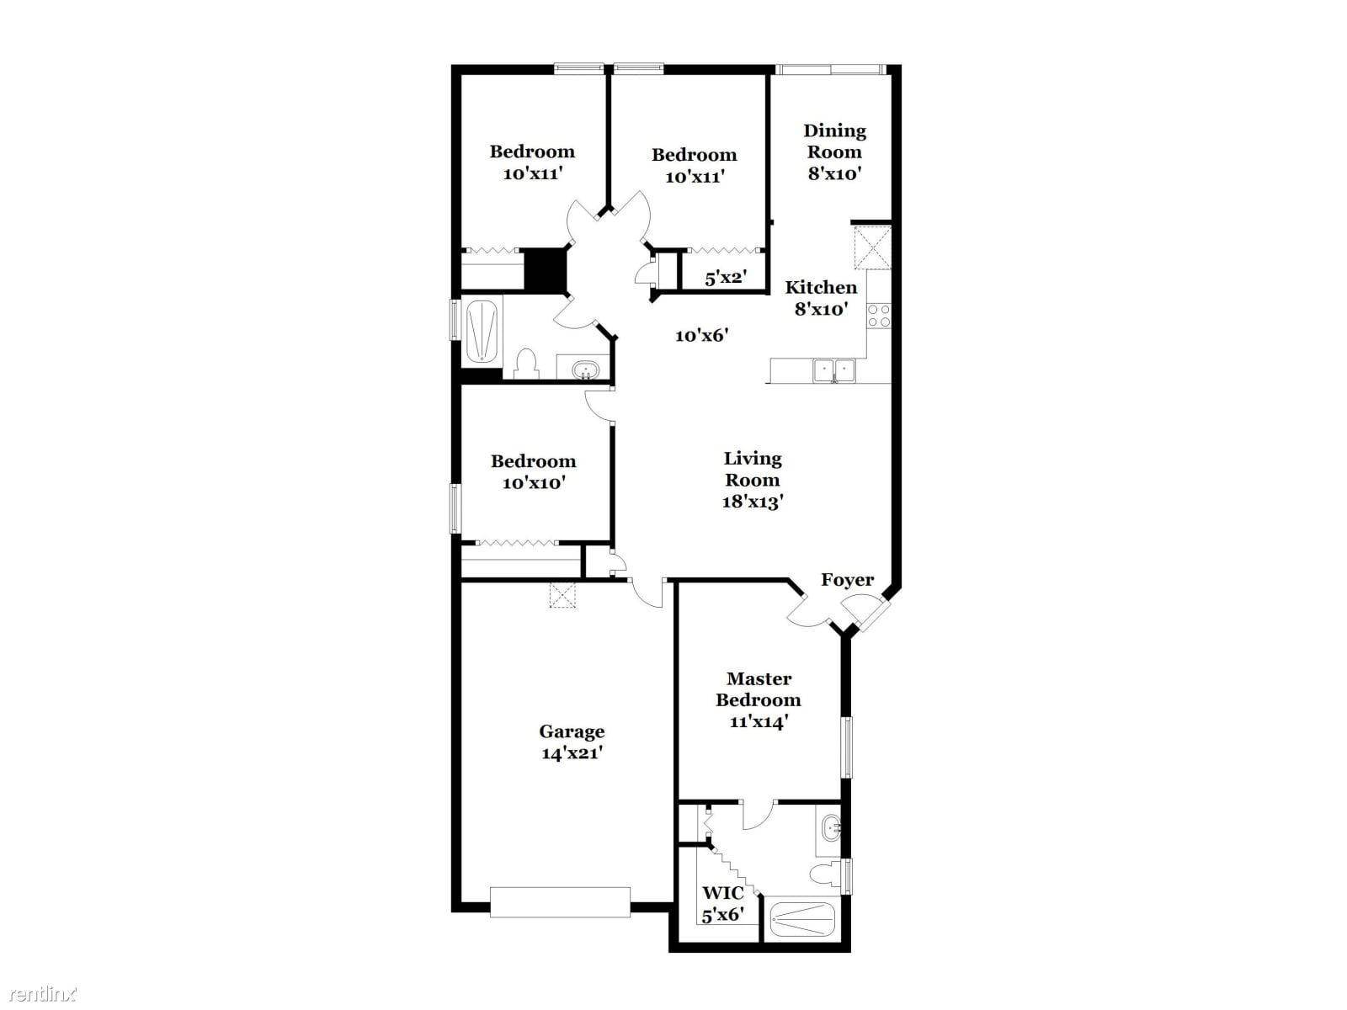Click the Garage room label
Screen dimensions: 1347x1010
tap(572, 731)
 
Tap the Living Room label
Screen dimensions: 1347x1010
tap(753, 469)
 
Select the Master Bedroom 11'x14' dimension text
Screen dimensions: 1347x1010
tap(759, 722)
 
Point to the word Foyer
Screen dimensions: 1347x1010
tap(847, 580)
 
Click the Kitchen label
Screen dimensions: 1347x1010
tap(821, 287)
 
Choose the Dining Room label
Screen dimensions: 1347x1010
tap(834, 141)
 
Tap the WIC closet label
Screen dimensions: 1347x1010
tap(723, 892)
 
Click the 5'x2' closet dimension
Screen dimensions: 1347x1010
tap(726, 278)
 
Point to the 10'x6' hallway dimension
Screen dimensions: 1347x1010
tap(701, 336)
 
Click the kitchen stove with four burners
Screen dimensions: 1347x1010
tap(878, 315)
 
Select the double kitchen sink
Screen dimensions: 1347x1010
tap(834, 370)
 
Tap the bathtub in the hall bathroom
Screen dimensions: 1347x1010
tap(481, 331)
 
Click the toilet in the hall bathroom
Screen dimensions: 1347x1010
tap(526, 364)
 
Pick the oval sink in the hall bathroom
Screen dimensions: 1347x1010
tap(584, 369)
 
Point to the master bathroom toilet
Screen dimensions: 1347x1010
tap(826, 874)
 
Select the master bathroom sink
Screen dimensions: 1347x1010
tap(831, 829)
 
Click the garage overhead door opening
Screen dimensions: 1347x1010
tap(561, 901)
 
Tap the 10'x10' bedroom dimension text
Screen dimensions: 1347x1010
tap(533, 482)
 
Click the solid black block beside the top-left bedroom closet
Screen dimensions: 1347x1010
tap(546, 268)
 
